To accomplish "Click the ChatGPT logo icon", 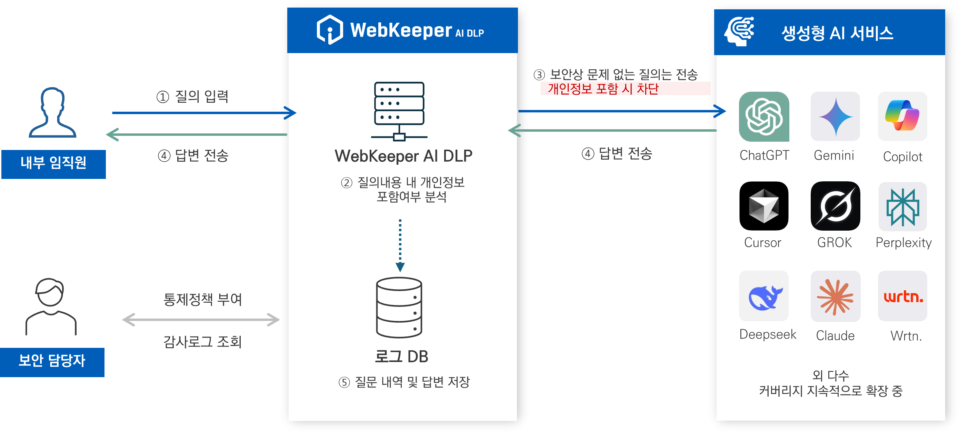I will point(764,117).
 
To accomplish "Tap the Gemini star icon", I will point(835,117).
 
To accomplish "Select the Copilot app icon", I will point(902,116).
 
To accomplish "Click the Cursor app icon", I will point(763,206).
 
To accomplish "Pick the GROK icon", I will point(835,206).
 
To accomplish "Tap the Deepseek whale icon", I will point(763,296).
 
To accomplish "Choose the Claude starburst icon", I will point(835,296).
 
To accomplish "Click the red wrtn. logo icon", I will point(903,296).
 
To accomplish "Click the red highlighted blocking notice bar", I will point(626,89).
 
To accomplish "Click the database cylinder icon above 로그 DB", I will point(399,308).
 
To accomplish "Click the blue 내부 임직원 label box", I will point(53,164).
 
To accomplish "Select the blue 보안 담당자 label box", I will point(52,362).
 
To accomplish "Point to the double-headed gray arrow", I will point(201,320).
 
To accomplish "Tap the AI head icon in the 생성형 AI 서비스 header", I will point(739,32).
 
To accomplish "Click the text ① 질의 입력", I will point(192,97).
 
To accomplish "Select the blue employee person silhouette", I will point(52,112).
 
